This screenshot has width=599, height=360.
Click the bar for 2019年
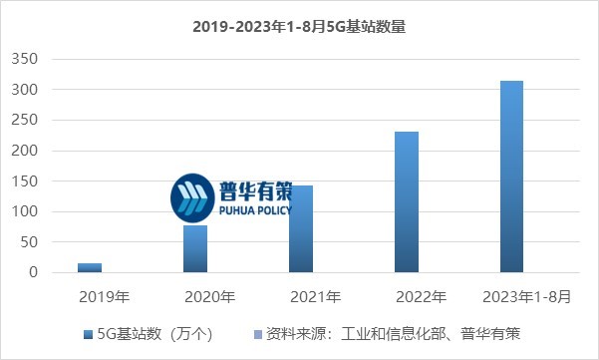point(90,267)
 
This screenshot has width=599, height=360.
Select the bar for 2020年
point(195,248)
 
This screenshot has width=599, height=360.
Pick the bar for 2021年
point(301,228)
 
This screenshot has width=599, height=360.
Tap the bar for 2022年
point(407,201)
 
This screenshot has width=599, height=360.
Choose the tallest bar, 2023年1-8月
point(511,177)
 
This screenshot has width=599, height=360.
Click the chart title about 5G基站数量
point(299,27)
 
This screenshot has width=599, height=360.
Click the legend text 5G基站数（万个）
point(154,332)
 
